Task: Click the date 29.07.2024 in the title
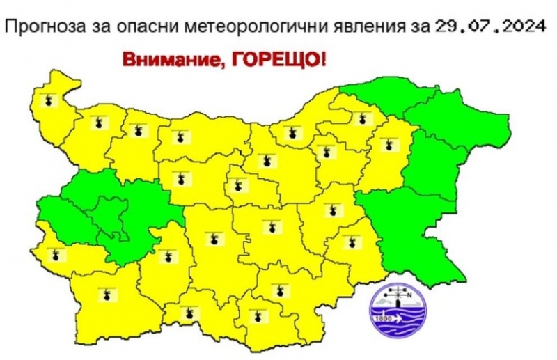click(490, 28)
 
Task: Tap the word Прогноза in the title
click(41, 28)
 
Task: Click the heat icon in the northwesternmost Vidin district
click(47, 100)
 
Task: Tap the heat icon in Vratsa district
click(136, 130)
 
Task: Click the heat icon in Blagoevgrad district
click(106, 295)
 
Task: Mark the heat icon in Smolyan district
click(186, 313)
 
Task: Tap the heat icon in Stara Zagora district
click(269, 226)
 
